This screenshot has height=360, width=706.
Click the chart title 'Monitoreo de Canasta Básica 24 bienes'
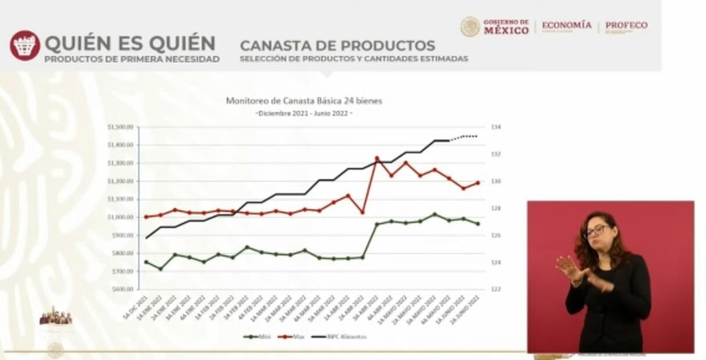(304, 101)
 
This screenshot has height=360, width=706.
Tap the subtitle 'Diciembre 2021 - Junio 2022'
(304, 113)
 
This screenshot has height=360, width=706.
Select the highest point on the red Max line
(377, 158)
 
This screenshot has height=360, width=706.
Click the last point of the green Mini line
(478, 224)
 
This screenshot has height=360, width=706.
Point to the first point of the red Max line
(146, 217)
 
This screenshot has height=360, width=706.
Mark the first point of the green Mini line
(146, 262)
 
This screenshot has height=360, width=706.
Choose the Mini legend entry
(258, 336)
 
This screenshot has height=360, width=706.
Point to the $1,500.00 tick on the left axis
(121, 127)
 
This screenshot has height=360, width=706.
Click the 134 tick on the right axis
(495, 127)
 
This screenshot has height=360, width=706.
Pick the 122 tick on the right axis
(495, 289)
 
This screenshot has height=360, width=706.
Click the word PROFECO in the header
(626, 26)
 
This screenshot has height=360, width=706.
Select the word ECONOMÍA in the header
(566, 26)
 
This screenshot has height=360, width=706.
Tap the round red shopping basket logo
(24, 45)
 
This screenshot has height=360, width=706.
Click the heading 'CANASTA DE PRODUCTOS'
(337, 45)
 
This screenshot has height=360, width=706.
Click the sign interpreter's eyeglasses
(596, 230)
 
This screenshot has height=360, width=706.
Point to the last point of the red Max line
(478, 183)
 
